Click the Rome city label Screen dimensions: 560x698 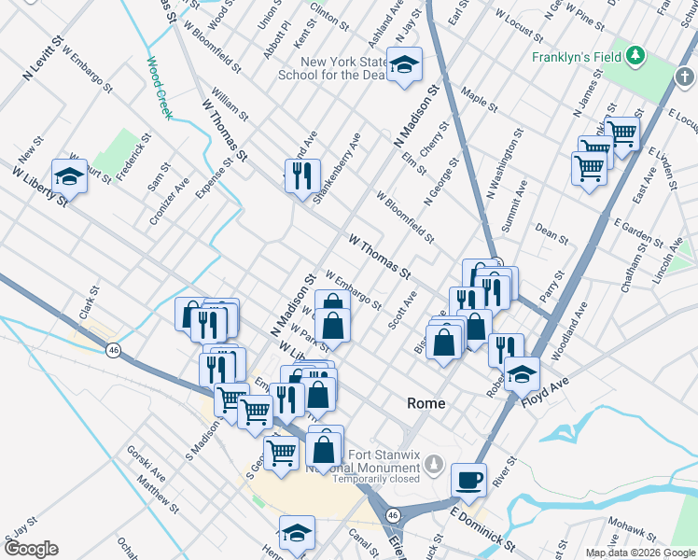coord(426,403)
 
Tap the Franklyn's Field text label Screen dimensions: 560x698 coord(576,57)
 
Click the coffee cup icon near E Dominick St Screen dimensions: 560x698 coord(468,480)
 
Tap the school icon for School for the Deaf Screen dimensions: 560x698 coord(404,64)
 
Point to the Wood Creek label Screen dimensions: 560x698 coord(159,88)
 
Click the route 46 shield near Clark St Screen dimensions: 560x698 coord(113,349)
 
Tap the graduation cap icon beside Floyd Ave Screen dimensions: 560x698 coord(522,373)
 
